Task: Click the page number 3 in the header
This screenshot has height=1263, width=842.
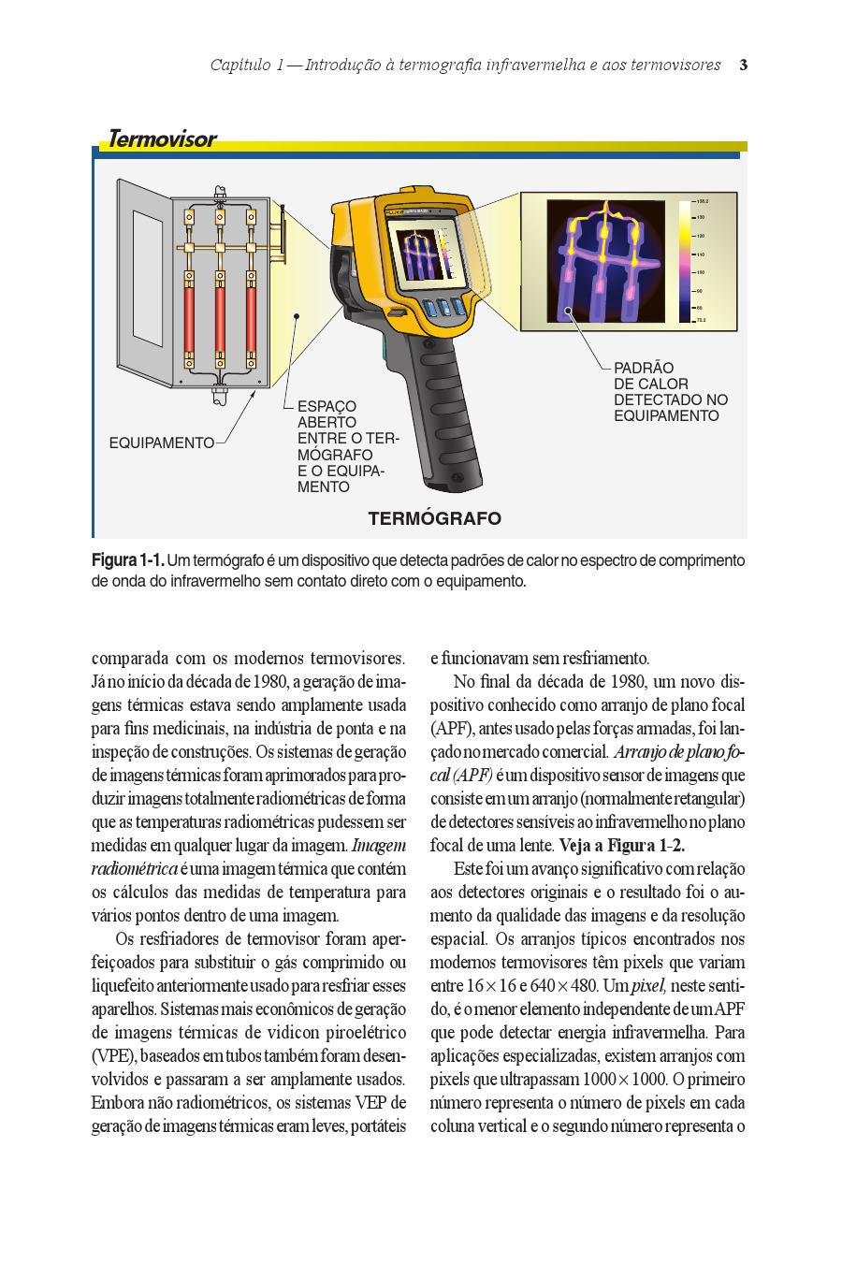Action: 743,65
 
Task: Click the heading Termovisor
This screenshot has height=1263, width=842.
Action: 162,139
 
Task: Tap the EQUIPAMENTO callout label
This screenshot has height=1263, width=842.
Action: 162,443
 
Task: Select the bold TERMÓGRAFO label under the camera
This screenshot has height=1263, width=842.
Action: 434,518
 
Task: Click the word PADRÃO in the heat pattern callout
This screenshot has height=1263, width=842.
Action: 644,368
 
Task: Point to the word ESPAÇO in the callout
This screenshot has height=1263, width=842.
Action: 327,407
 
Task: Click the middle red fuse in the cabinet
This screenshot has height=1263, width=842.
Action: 221,318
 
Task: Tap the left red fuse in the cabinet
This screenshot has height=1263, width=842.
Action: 189,318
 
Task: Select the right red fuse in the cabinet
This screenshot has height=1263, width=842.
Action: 252,318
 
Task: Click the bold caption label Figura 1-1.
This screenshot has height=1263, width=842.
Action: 127,560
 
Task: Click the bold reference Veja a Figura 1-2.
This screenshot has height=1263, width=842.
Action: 622,846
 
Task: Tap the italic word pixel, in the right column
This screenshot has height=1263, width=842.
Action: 646,986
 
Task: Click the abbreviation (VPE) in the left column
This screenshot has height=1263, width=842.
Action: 113,1056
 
